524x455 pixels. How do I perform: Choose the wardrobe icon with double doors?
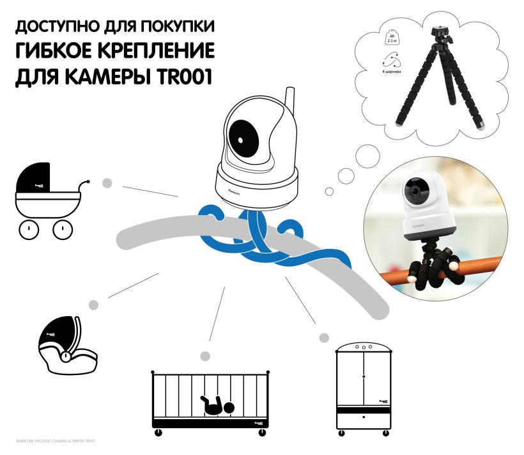(363, 387)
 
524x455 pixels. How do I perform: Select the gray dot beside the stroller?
(107, 184)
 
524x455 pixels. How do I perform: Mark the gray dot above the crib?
(205, 356)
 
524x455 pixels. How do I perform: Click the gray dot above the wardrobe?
(324, 336)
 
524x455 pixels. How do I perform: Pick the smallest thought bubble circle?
(330, 191)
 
